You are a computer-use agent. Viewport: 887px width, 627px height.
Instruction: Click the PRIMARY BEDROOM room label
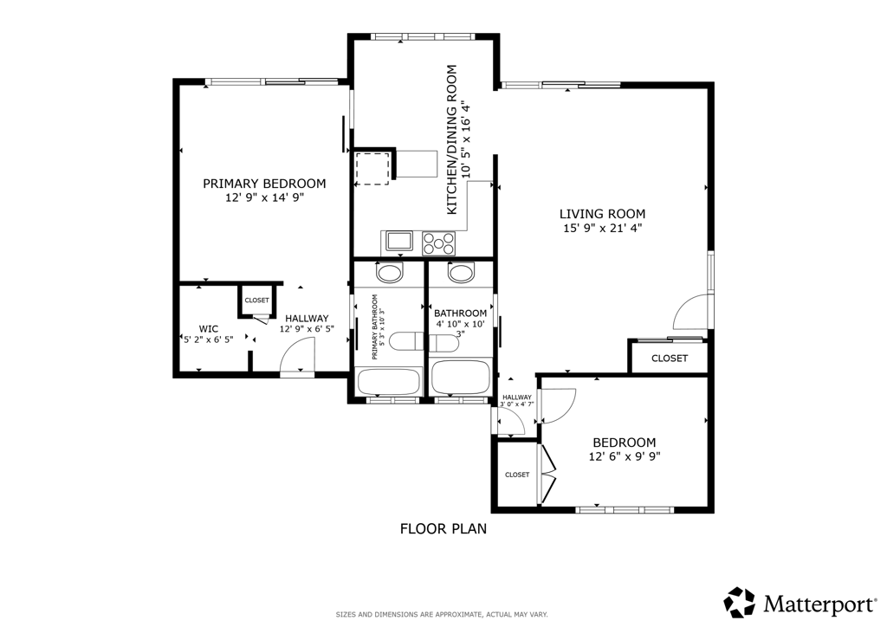pos(264,184)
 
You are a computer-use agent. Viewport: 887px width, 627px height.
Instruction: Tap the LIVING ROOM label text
pos(603,214)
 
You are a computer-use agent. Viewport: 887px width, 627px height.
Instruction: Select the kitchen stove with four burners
pos(438,243)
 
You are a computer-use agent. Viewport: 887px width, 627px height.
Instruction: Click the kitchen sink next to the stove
pos(400,241)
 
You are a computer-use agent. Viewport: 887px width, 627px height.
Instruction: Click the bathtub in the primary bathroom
pos(389,382)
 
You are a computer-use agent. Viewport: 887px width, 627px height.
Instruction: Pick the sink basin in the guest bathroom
pos(461,274)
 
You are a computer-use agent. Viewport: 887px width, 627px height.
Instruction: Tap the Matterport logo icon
pos(740,602)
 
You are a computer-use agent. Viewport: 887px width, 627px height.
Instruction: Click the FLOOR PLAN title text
pos(443,528)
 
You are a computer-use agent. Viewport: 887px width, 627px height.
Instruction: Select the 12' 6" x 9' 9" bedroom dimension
pos(625,456)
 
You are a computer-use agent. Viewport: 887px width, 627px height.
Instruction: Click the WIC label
pos(208,329)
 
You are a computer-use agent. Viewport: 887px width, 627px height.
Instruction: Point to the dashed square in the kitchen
pos(372,169)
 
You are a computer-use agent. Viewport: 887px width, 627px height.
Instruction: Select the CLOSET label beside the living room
pos(670,359)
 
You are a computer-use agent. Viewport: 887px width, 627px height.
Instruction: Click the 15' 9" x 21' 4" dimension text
pos(603,229)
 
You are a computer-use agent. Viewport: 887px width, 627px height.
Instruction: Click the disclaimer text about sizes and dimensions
pos(442,615)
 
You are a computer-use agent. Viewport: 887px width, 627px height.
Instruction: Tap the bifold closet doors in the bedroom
pos(548,475)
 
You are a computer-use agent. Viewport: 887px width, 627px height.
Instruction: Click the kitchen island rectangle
pos(417,164)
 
